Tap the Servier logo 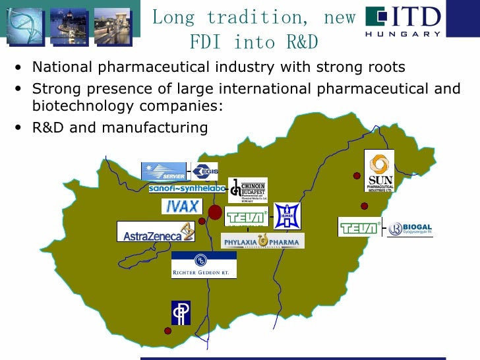pos(164,171)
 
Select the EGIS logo pos(204,171)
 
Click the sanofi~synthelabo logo pos(187,189)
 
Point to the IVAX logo pos(181,206)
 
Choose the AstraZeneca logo pos(156,231)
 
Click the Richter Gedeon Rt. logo pos(204,264)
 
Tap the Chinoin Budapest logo pos(247,190)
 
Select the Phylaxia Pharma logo pos(262,241)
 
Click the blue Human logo pos(287,216)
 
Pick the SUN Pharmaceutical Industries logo pos(379,171)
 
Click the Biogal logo pos(409,229)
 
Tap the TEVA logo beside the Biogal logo pos(360,227)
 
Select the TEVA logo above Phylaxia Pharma pos(247,217)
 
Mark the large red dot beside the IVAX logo pos(215,212)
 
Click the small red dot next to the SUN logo pos(357,176)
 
